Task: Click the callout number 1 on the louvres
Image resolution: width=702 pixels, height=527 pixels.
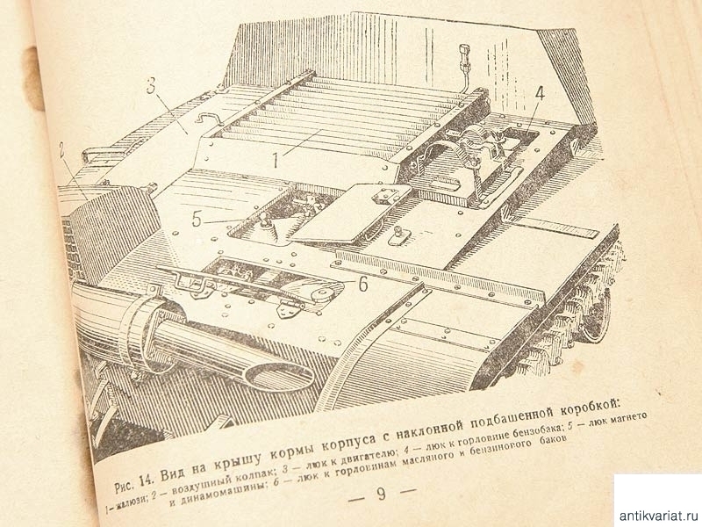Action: [x=276, y=159]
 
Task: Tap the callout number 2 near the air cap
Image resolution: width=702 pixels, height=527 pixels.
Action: [x=61, y=152]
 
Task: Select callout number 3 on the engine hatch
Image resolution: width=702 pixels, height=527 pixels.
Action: [x=152, y=85]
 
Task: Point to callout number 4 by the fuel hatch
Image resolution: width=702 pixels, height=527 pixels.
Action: [x=540, y=94]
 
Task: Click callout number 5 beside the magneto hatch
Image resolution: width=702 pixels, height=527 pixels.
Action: [x=197, y=219]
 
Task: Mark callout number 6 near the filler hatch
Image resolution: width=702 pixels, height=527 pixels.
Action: [x=362, y=284]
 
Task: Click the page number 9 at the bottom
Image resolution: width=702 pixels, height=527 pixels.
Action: [x=381, y=493]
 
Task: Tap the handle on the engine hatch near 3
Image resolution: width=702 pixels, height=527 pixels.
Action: [x=209, y=118]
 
